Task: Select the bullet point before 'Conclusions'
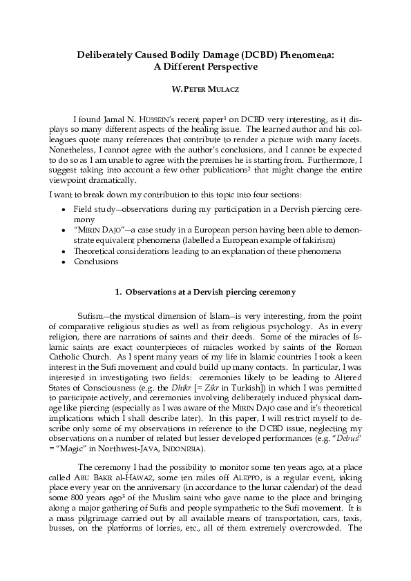[64, 262]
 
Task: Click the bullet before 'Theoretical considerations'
[64, 251]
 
